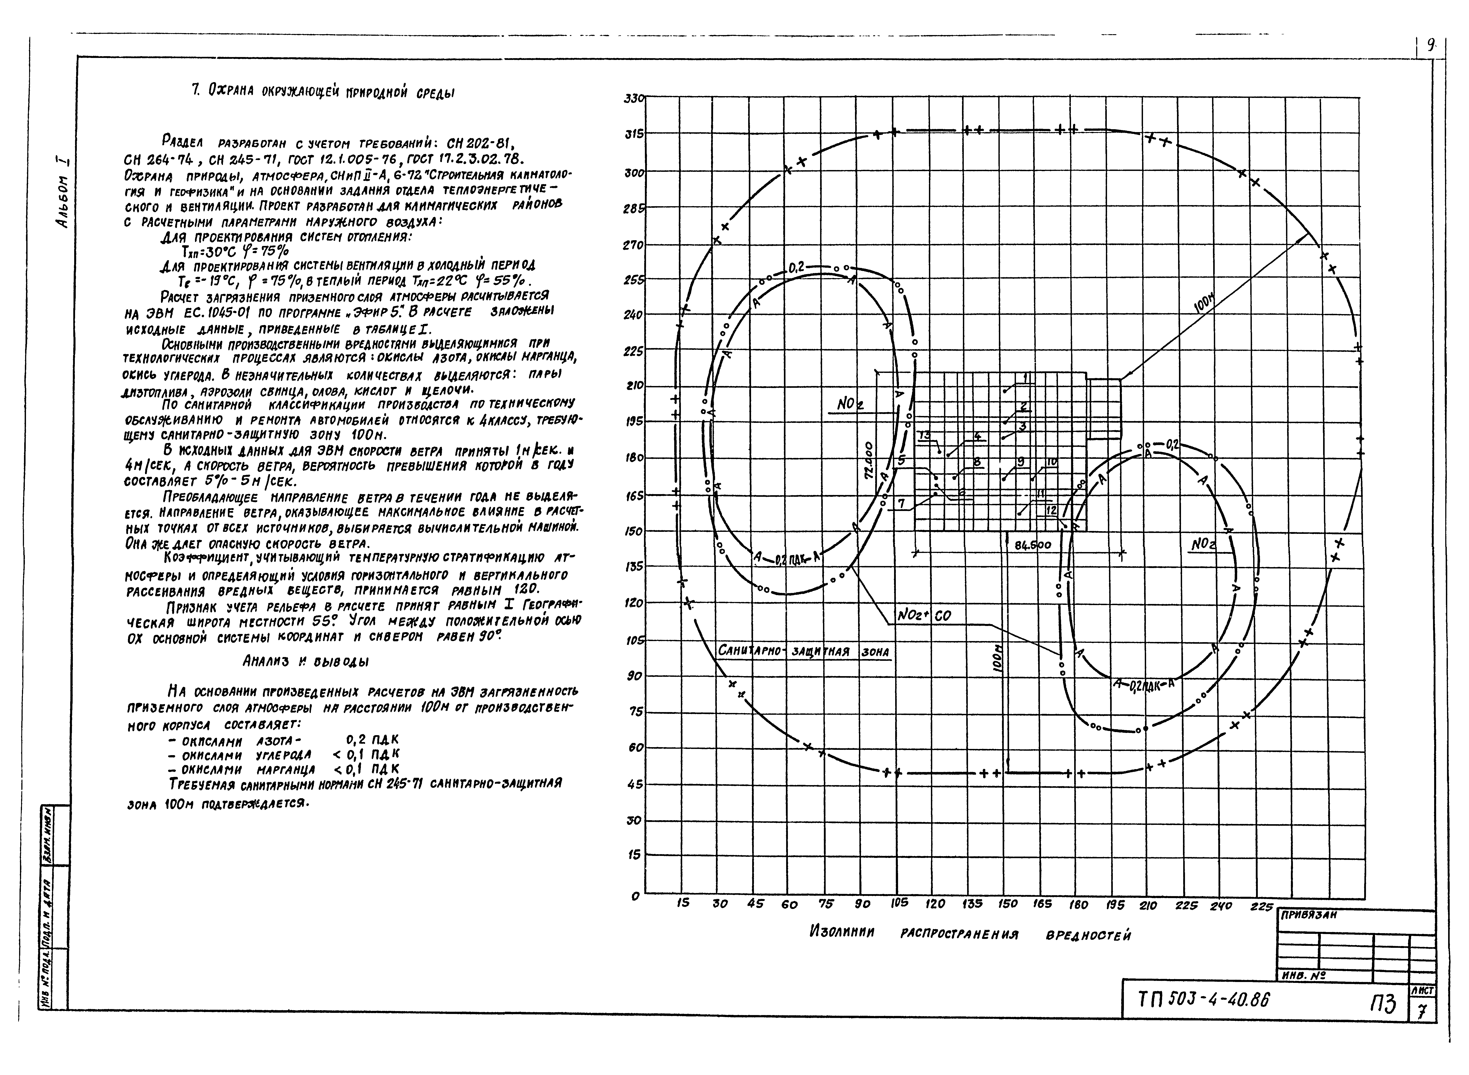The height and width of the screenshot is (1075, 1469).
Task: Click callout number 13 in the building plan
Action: tap(925, 435)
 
